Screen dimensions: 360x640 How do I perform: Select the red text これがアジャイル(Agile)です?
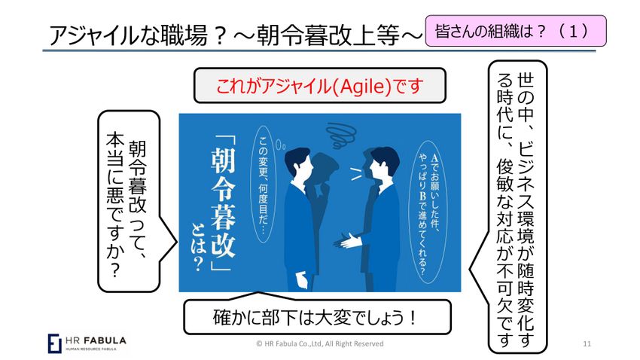[320, 85]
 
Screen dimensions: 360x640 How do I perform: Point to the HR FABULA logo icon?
[54, 342]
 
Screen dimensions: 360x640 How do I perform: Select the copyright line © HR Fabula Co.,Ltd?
[320, 343]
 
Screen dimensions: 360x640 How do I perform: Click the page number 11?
[588, 343]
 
